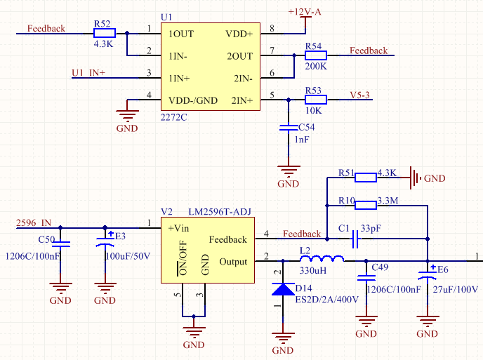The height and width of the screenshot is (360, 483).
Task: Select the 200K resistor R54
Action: [316, 55]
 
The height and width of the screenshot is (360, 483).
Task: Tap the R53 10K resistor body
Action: [316, 100]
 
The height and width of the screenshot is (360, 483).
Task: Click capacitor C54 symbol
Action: [288, 128]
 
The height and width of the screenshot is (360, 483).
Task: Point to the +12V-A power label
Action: [305, 13]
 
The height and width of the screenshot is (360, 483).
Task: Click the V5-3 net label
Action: [363, 95]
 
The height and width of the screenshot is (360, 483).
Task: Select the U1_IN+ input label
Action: [88, 73]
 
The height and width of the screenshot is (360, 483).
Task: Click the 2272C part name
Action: [174, 116]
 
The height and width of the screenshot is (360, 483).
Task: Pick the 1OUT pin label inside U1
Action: [181, 34]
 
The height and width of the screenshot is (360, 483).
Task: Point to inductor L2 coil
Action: [321, 260]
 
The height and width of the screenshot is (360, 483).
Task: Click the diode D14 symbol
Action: [282, 289]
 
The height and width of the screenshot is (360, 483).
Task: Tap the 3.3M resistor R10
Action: [366, 205]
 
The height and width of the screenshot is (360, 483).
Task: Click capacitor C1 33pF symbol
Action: [355, 241]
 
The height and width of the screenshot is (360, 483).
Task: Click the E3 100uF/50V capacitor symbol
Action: [105, 243]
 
